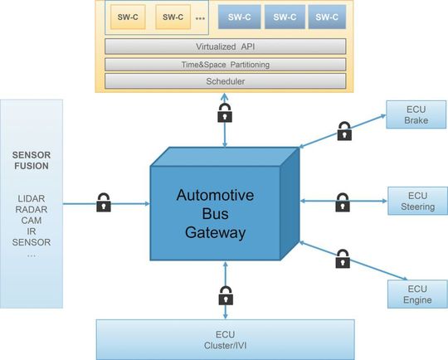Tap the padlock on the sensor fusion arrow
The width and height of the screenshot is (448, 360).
104,202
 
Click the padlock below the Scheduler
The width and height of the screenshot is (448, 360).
225,114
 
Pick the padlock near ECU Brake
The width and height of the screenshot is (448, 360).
344,130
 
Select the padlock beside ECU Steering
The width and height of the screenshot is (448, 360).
342,202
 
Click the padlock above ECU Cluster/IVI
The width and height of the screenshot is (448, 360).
225,294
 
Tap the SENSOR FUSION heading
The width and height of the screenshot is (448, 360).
32,160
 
